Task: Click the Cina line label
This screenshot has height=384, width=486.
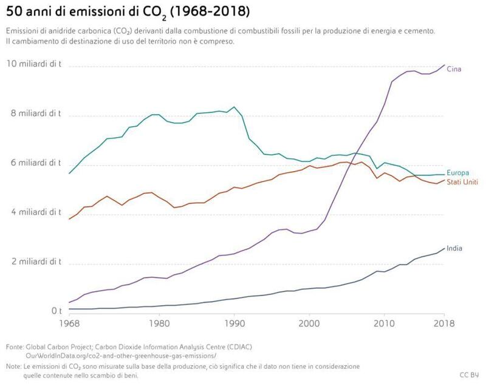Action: [454, 69]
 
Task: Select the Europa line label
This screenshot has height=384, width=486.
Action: [457, 173]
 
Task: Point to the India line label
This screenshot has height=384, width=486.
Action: [455, 248]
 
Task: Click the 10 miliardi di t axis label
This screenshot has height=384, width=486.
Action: [34, 64]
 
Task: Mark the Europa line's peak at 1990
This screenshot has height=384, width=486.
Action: [234, 107]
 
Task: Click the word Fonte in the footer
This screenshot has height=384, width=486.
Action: [15, 346]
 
